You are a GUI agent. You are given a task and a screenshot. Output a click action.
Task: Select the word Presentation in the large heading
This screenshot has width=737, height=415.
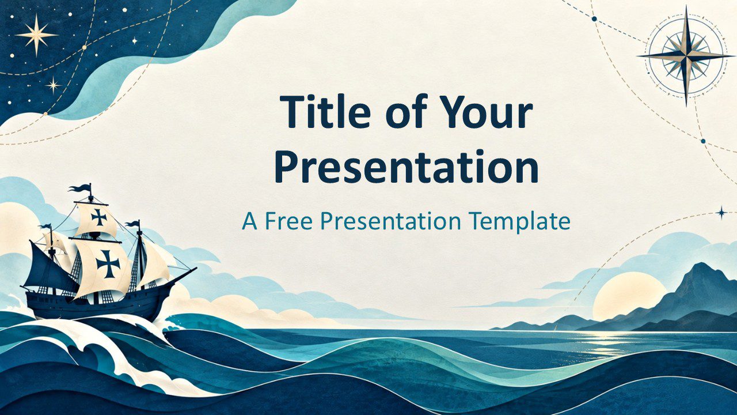407,167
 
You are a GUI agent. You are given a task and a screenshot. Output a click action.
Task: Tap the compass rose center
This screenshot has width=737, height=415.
686,56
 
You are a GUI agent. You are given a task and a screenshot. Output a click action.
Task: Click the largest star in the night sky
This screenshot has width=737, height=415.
36,35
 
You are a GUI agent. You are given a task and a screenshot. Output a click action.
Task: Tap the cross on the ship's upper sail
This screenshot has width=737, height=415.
98,217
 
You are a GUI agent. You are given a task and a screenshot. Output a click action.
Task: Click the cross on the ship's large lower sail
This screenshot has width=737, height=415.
108,263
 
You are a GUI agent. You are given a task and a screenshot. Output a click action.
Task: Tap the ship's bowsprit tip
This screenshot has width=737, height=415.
196,268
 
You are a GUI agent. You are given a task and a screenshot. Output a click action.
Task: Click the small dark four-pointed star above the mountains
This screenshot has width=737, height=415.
722,213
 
